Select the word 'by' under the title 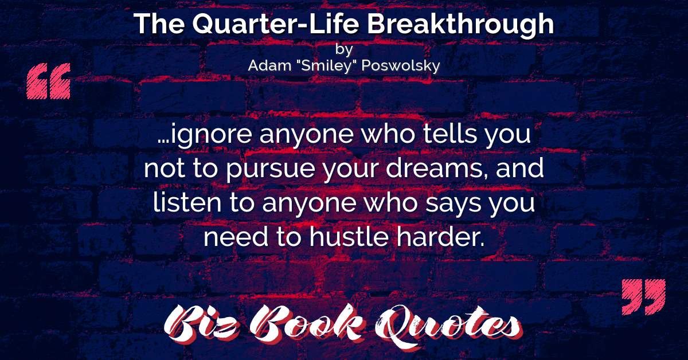click(x=344, y=50)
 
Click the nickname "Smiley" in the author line click(x=326, y=66)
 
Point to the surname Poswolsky click(x=401, y=66)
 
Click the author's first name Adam click(x=269, y=65)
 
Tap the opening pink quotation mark click(x=49, y=81)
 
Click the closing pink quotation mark click(x=644, y=297)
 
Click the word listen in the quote click(x=187, y=202)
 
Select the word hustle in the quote click(x=349, y=236)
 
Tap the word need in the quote click(x=236, y=237)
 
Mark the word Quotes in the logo click(x=448, y=326)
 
